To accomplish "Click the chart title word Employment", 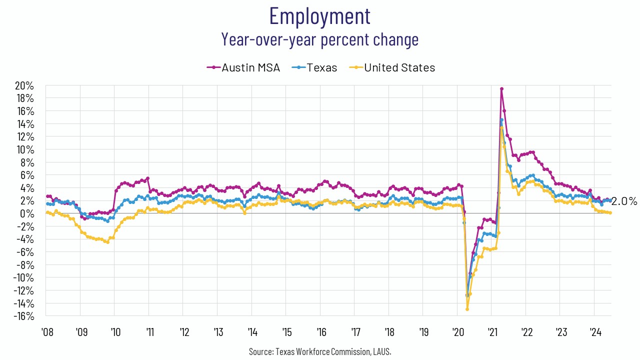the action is pyautogui.click(x=319, y=16).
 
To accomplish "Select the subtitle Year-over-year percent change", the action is pyautogui.click(x=319, y=39).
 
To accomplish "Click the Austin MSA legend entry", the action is pyautogui.click(x=243, y=67).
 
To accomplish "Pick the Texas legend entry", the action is pyautogui.click(x=314, y=67).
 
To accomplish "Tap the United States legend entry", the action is pyautogui.click(x=392, y=67).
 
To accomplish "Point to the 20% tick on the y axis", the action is pyautogui.click(x=24, y=85).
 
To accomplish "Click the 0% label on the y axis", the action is pyautogui.click(x=27, y=213).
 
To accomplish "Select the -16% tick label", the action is pyautogui.click(x=23, y=316).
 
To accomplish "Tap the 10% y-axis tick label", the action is pyautogui.click(x=25, y=149).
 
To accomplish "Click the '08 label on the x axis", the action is pyautogui.click(x=47, y=332).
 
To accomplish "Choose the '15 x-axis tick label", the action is pyautogui.click(x=287, y=332).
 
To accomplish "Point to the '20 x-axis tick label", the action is pyautogui.click(x=458, y=332).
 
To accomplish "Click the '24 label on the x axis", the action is pyautogui.click(x=595, y=332).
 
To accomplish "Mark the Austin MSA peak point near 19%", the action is pyautogui.click(x=501, y=89).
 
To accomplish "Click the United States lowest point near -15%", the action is pyautogui.click(x=467, y=309).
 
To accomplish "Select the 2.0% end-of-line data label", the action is pyautogui.click(x=624, y=201).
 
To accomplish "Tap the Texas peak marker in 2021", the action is pyautogui.click(x=501, y=120).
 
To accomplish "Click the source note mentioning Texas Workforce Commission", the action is pyautogui.click(x=319, y=351).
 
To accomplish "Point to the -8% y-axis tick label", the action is pyautogui.click(x=25, y=265).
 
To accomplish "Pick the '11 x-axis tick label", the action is pyautogui.click(x=150, y=332).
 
